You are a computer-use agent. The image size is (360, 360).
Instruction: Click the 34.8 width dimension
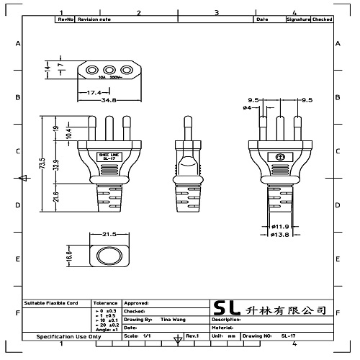pyautogui.click(x=109, y=100)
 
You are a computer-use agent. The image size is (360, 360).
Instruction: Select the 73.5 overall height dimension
pyautogui.click(x=43, y=164)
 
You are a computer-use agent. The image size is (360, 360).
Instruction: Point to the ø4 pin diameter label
pyautogui.click(x=247, y=108)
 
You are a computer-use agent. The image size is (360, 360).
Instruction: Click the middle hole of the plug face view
pyautogui.click(x=109, y=70)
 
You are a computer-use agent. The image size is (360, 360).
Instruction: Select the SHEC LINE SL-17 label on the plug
pyautogui.click(x=109, y=157)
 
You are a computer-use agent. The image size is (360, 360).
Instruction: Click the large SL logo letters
pyautogui.click(x=229, y=308)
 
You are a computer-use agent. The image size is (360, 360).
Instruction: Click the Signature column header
pyautogui.click(x=298, y=19)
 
